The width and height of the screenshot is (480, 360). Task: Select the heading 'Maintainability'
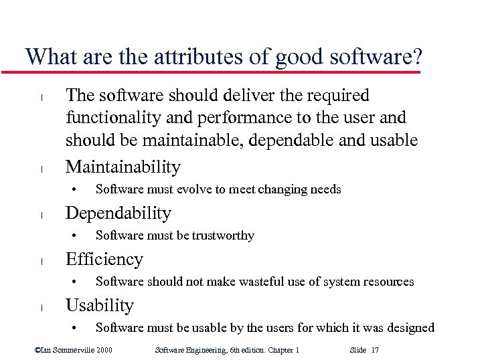(123, 167)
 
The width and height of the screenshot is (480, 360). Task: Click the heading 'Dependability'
(118, 213)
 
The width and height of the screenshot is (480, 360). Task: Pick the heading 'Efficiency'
(104, 259)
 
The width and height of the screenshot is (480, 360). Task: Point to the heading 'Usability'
(100, 305)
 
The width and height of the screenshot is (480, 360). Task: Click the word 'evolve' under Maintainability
(193, 189)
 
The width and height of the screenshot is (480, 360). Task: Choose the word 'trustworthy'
(222, 236)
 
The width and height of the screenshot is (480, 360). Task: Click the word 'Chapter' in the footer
(274, 350)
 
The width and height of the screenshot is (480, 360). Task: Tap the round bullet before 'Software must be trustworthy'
(77, 236)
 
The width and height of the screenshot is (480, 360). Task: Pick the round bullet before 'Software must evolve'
(77, 189)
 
